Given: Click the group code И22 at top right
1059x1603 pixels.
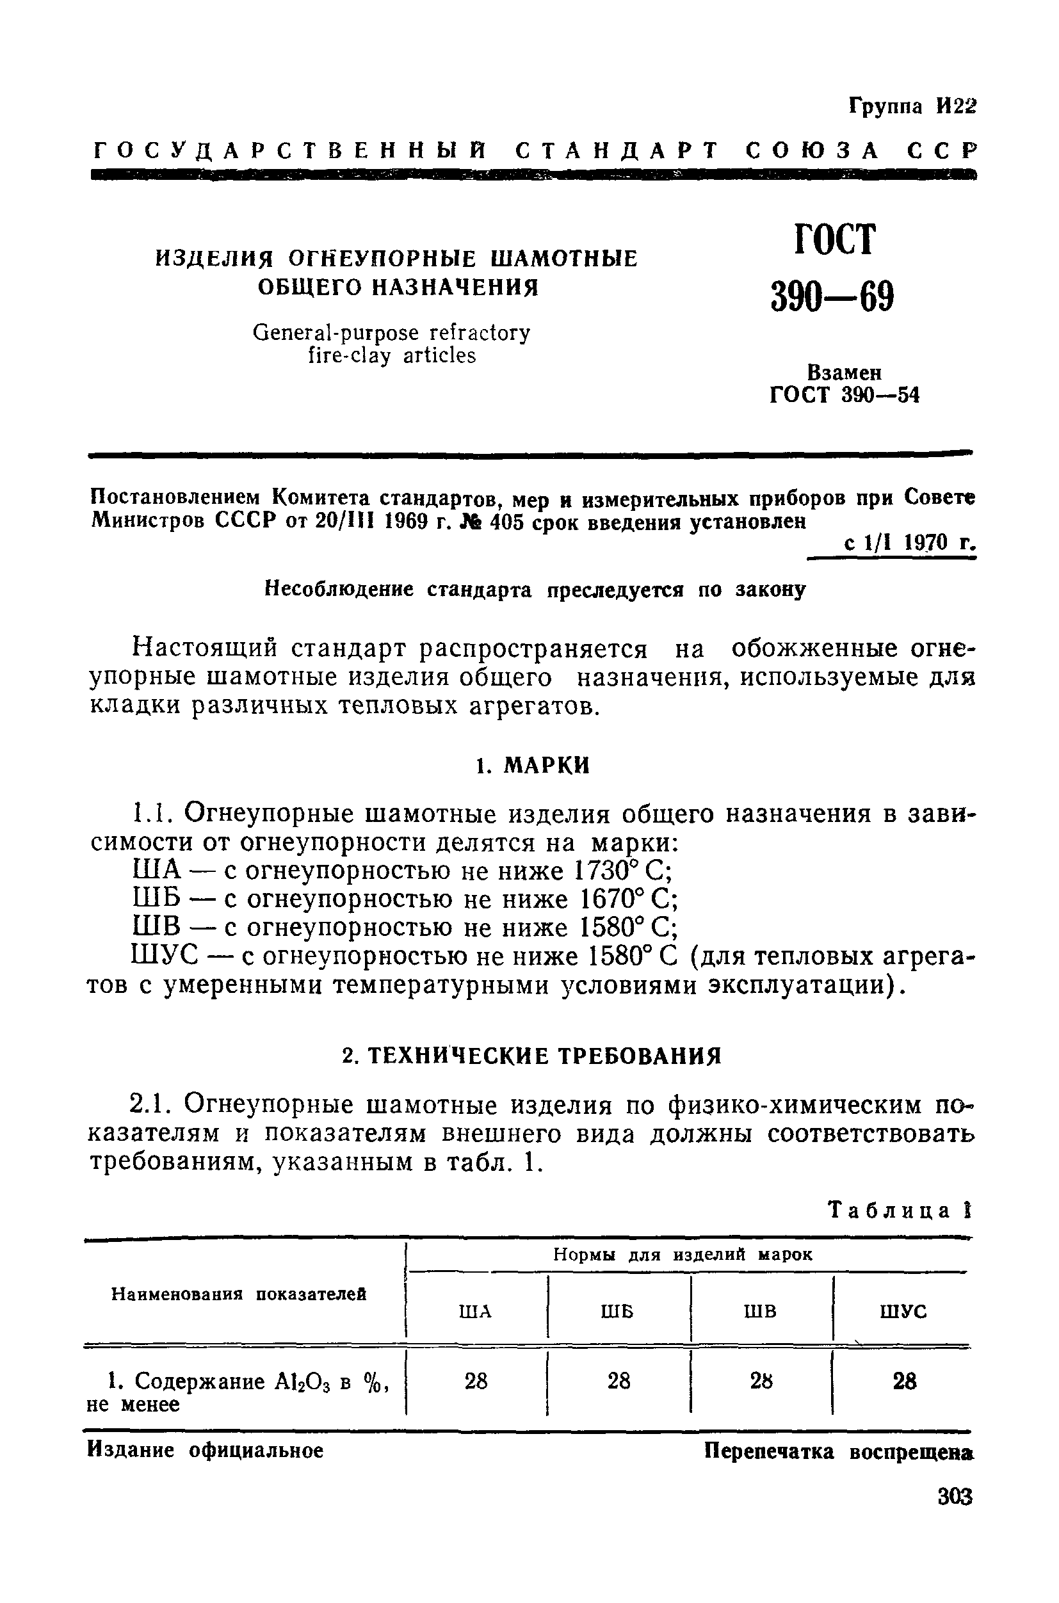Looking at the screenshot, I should [956, 107].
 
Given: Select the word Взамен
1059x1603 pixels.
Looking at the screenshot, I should [845, 372].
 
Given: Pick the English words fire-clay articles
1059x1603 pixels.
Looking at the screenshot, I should [392, 356].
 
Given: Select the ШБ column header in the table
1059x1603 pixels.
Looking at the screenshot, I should [617, 1310].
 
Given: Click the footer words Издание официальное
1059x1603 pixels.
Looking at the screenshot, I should [206, 1451].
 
